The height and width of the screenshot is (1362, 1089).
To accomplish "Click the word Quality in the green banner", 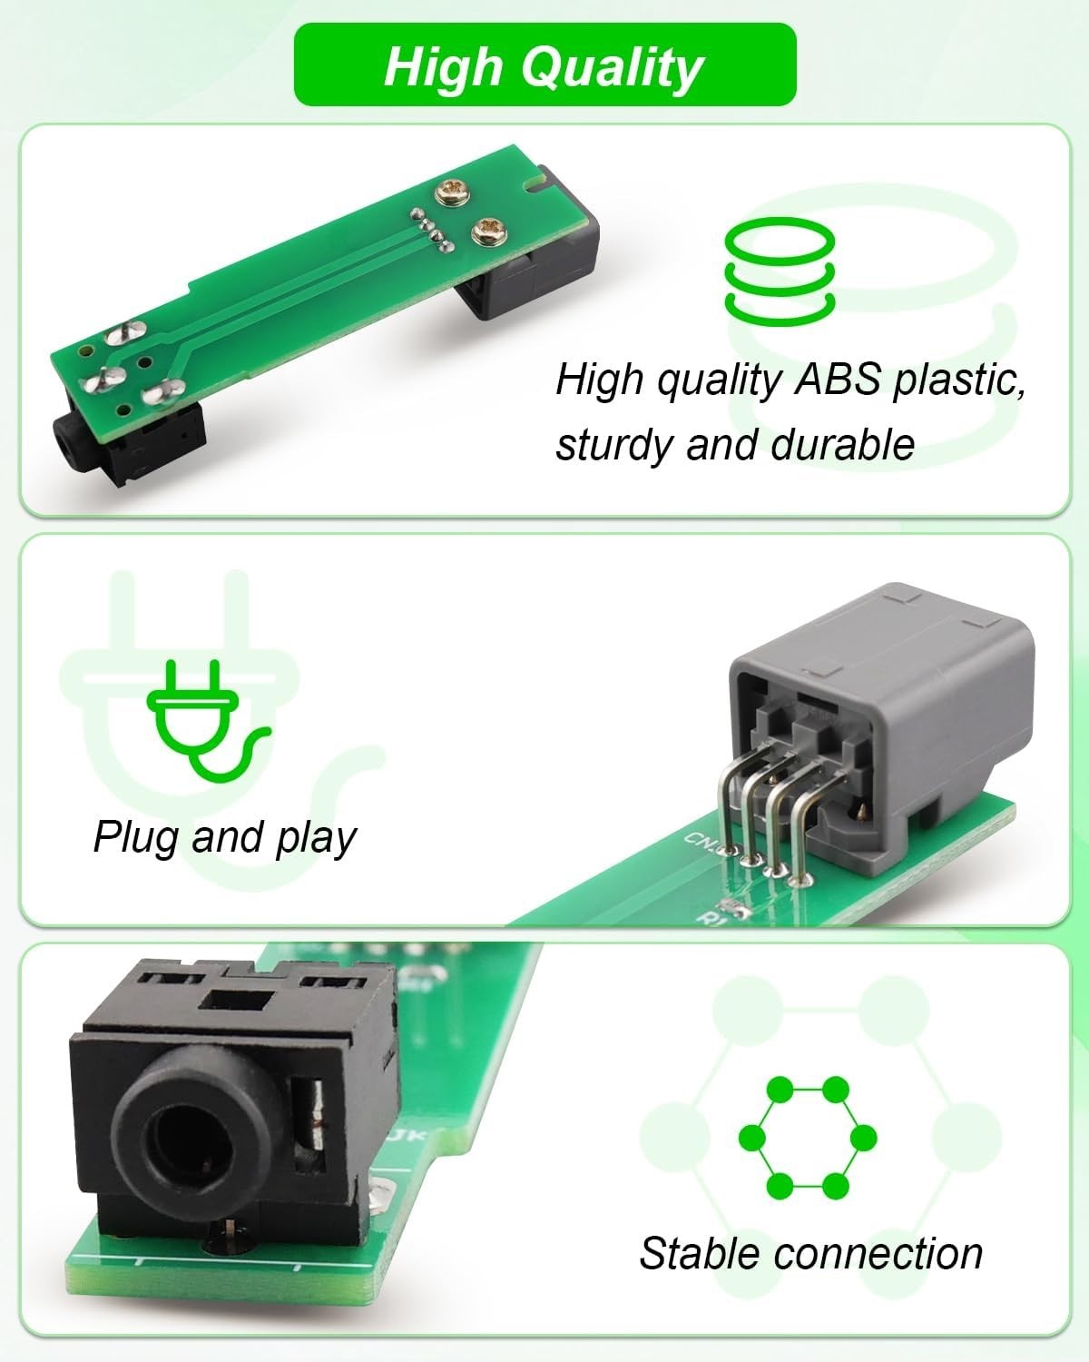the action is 612,68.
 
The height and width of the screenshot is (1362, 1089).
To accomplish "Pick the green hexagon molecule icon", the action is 808,1138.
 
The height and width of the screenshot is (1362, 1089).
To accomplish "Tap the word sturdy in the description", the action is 609,445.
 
